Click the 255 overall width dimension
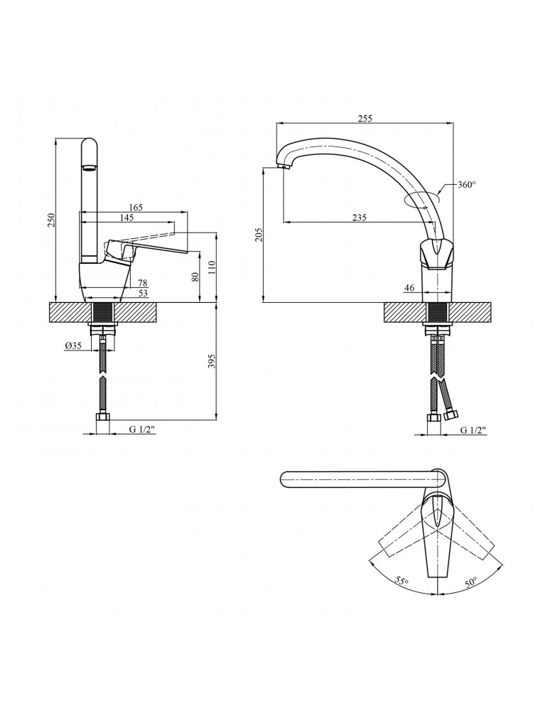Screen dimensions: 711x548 pos(365,118)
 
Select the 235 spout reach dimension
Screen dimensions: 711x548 pos(359,218)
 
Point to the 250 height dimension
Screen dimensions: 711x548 pos(50,221)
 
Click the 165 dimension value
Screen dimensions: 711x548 pos(136,207)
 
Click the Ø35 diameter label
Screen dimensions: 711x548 pos(73,346)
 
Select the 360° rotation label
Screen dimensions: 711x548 pos(466,185)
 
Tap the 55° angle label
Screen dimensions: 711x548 pos(402,582)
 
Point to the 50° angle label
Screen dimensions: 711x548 pos(471,582)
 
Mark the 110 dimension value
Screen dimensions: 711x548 pos(211,267)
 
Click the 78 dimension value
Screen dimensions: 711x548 pos(142,283)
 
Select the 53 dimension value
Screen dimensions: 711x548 pos(142,293)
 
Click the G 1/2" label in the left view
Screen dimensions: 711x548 pos(142,430)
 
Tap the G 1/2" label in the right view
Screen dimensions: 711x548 pos(473,430)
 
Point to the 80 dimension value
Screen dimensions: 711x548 pos(195,277)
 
